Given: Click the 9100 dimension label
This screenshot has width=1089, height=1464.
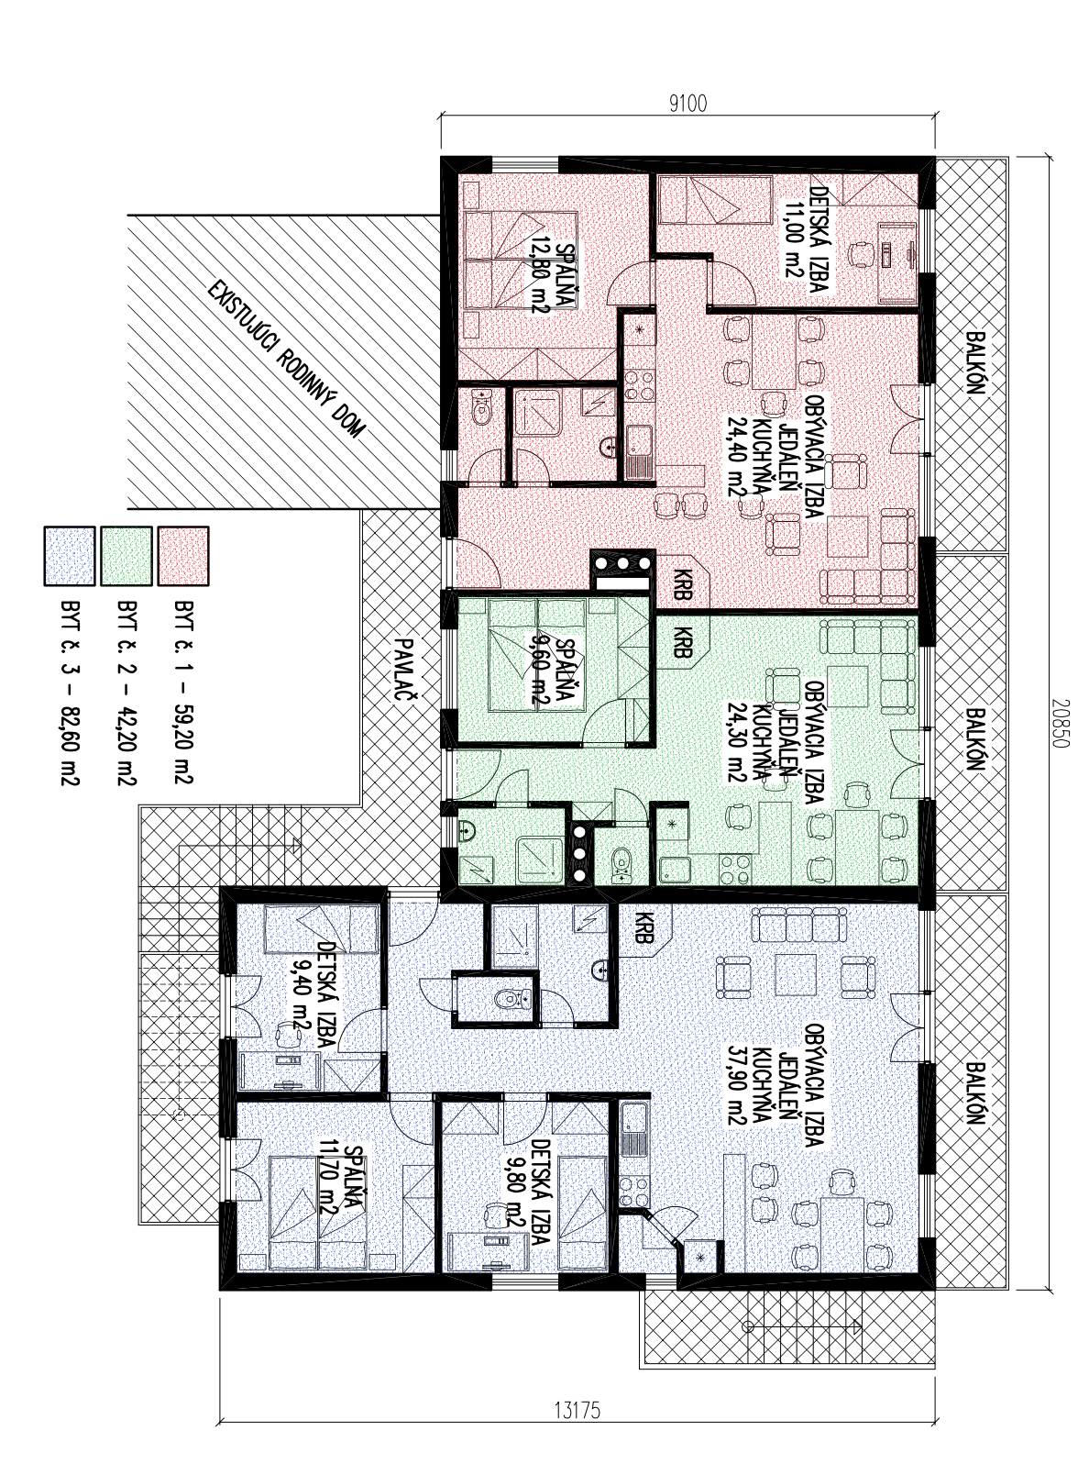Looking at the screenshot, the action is pos(687,104).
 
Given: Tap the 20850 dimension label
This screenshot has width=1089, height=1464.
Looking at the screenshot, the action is pos(1059,723).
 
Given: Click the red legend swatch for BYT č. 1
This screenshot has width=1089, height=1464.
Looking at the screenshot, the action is pos(183,556).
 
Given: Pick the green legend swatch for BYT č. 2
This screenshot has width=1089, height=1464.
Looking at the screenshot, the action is pos(126,556).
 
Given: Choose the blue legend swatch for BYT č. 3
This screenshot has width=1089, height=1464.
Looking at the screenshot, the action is pos(70,556).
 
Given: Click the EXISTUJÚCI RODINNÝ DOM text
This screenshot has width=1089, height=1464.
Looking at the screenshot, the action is pos(286,360).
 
